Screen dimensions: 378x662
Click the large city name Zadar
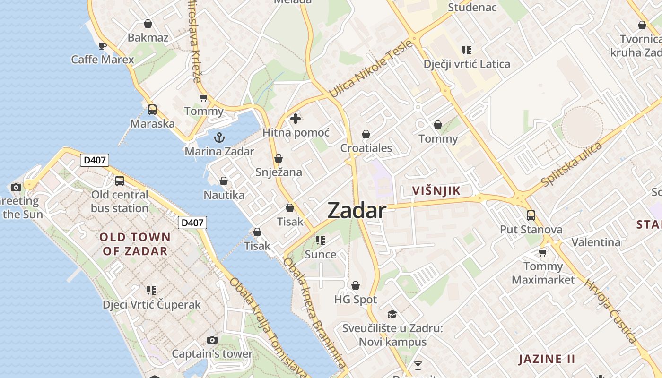pyautogui.click(x=357, y=210)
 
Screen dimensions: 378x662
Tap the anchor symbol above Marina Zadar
pyautogui.click(x=219, y=137)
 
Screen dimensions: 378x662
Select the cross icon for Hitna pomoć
pyautogui.click(x=296, y=119)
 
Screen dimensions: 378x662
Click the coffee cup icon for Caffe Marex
pyautogui.click(x=102, y=46)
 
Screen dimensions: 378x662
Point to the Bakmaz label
pyautogui.click(x=148, y=37)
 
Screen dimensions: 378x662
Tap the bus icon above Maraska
pyautogui.click(x=152, y=110)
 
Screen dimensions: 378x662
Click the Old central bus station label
pyautogui.click(x=120, y=201)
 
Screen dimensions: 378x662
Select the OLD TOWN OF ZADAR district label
pyautogui.click(x=135, y=244)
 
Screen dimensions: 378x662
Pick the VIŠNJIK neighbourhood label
pyautogui.click(x=436, y=191)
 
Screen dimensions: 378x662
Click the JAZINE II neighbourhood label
pyautogui.click(x=547, y=359)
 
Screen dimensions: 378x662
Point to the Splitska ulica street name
pyautogui.click(x=571, y=164)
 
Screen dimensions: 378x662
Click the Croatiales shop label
pyautogui.click(x=366, y=148)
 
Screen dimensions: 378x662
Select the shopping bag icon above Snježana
pyautogui.click(x=279, y=158)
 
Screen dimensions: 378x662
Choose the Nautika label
pyautogui.click(x=224, y=195)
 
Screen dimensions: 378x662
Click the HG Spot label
pyautogui.click(x=356, y=299)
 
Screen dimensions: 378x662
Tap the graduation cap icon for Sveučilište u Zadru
pyautogui.click(x=392, y=314)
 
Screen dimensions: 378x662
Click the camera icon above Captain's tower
pyautogui.click(x=212, y=340)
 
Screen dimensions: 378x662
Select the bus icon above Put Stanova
pyautogui.click(x=531, y=215)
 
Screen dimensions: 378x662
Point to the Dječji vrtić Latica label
pyautogui.click(x=467, y=64)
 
